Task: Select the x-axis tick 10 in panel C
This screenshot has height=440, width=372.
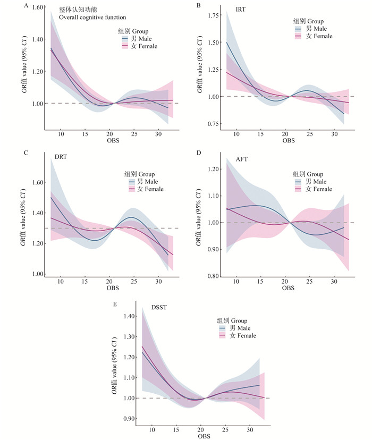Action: click(60, 281)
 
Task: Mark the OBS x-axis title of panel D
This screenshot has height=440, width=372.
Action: click(288, 288)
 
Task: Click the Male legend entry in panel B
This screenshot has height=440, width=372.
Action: click(317, 29)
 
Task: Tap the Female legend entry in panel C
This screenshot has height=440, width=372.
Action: click(149, 189)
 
